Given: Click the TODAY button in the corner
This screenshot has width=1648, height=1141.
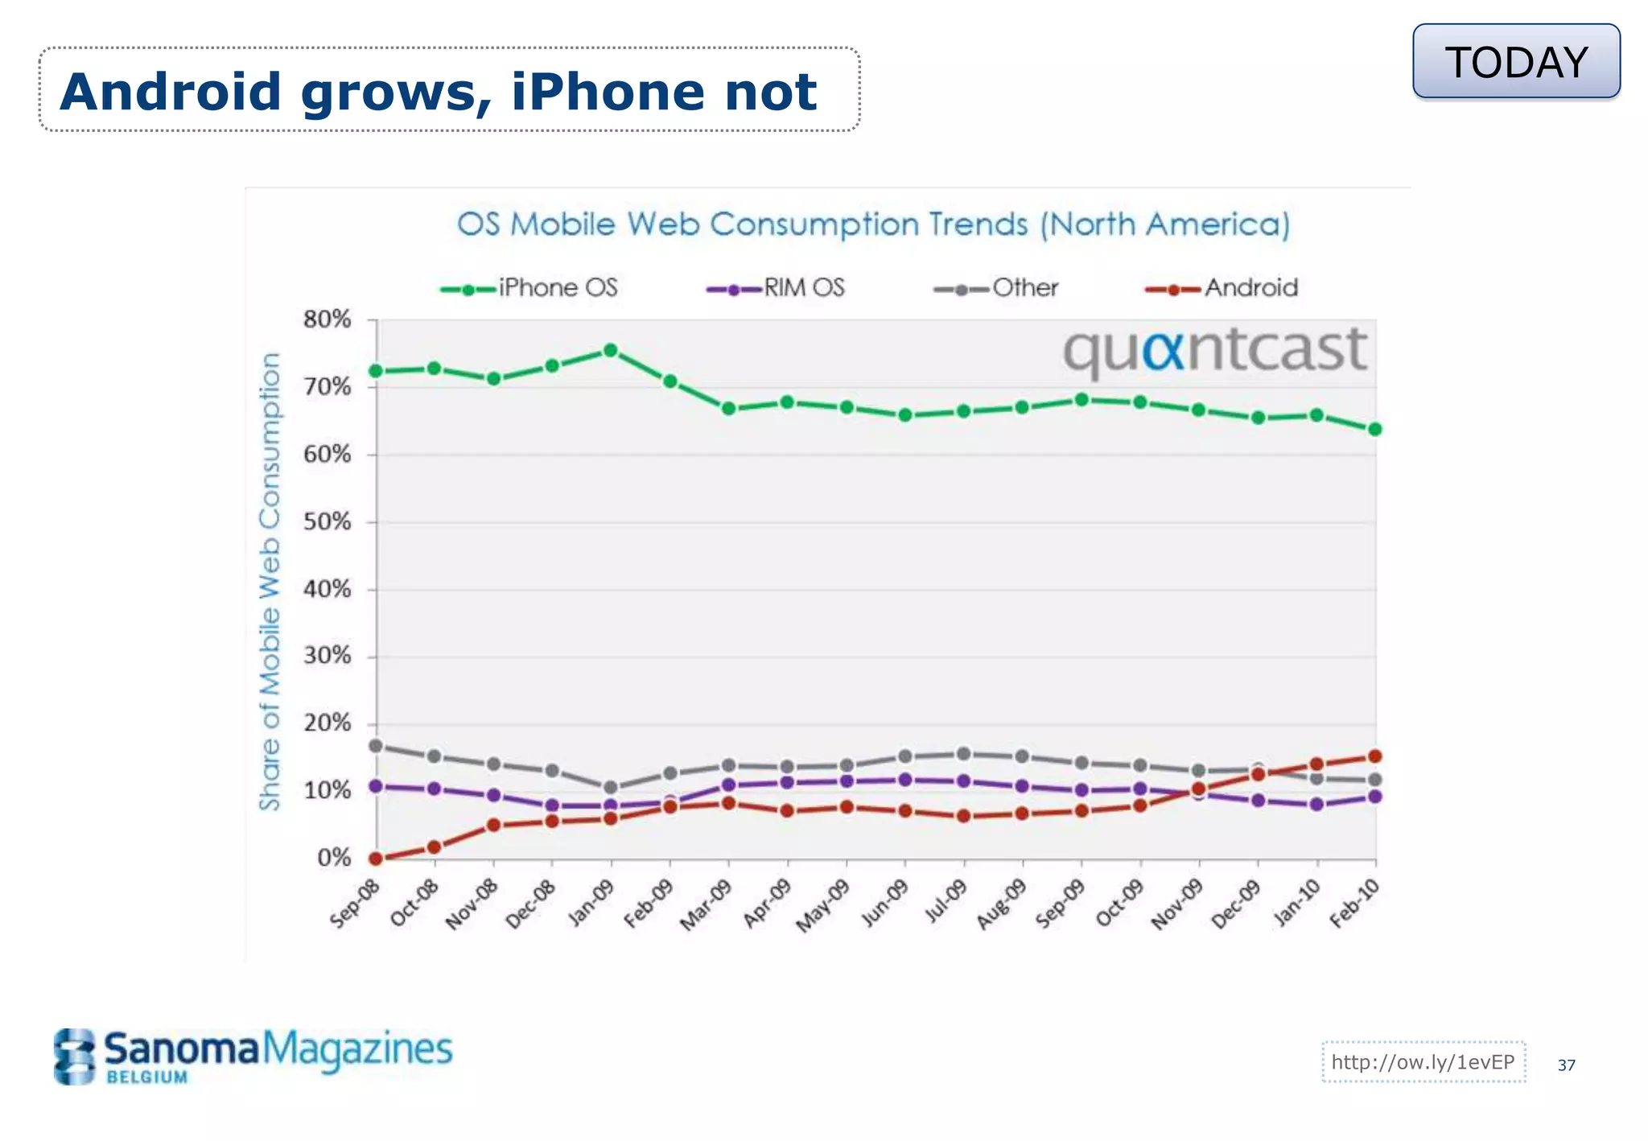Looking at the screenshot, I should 1516,62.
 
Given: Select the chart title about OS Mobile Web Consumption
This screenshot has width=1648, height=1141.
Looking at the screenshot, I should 873,224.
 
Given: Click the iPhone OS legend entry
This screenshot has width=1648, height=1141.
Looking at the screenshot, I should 530,288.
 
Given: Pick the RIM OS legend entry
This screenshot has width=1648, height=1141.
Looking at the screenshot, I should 777,288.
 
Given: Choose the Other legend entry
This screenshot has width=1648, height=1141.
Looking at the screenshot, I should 997,288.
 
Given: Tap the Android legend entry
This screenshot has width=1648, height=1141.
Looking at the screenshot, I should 1222,288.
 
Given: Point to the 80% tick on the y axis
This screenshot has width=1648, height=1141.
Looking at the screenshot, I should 328,319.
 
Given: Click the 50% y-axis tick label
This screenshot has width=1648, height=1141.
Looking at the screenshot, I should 328,522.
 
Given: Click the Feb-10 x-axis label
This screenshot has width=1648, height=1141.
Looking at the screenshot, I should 1354,904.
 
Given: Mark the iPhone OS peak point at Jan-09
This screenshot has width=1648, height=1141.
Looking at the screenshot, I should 611,350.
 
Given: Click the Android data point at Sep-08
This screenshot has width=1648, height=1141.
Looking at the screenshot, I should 375,859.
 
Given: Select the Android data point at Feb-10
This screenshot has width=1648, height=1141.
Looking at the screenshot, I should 1375,756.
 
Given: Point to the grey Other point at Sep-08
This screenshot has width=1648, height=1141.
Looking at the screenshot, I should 375,746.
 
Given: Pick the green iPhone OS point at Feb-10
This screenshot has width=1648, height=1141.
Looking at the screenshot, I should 1375,429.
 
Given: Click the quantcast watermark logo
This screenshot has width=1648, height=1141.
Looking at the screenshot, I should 1215,351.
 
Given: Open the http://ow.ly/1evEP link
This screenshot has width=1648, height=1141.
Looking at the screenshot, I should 1423,1062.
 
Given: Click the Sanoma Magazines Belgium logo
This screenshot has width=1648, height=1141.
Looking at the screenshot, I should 253,1055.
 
